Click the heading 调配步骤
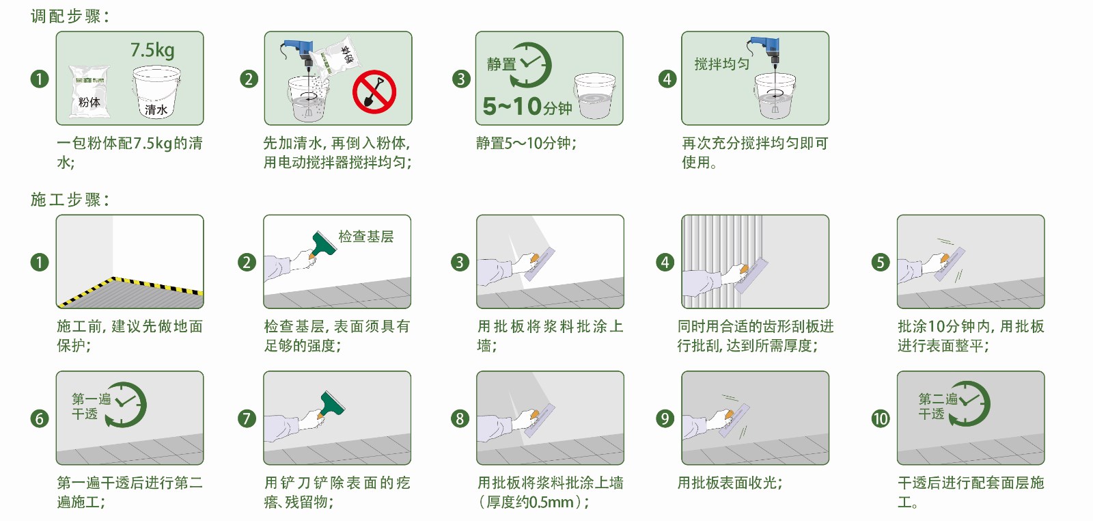point(70,16)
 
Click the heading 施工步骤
point(70,200)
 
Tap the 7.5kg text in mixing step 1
point(152,50)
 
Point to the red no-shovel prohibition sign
point(374,92)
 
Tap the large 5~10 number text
point(512,107)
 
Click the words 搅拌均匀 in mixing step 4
point(721,64)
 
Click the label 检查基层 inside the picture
point(366,237)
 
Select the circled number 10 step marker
point(881,418)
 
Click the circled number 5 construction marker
point(881,263)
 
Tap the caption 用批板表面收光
point(730,483)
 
